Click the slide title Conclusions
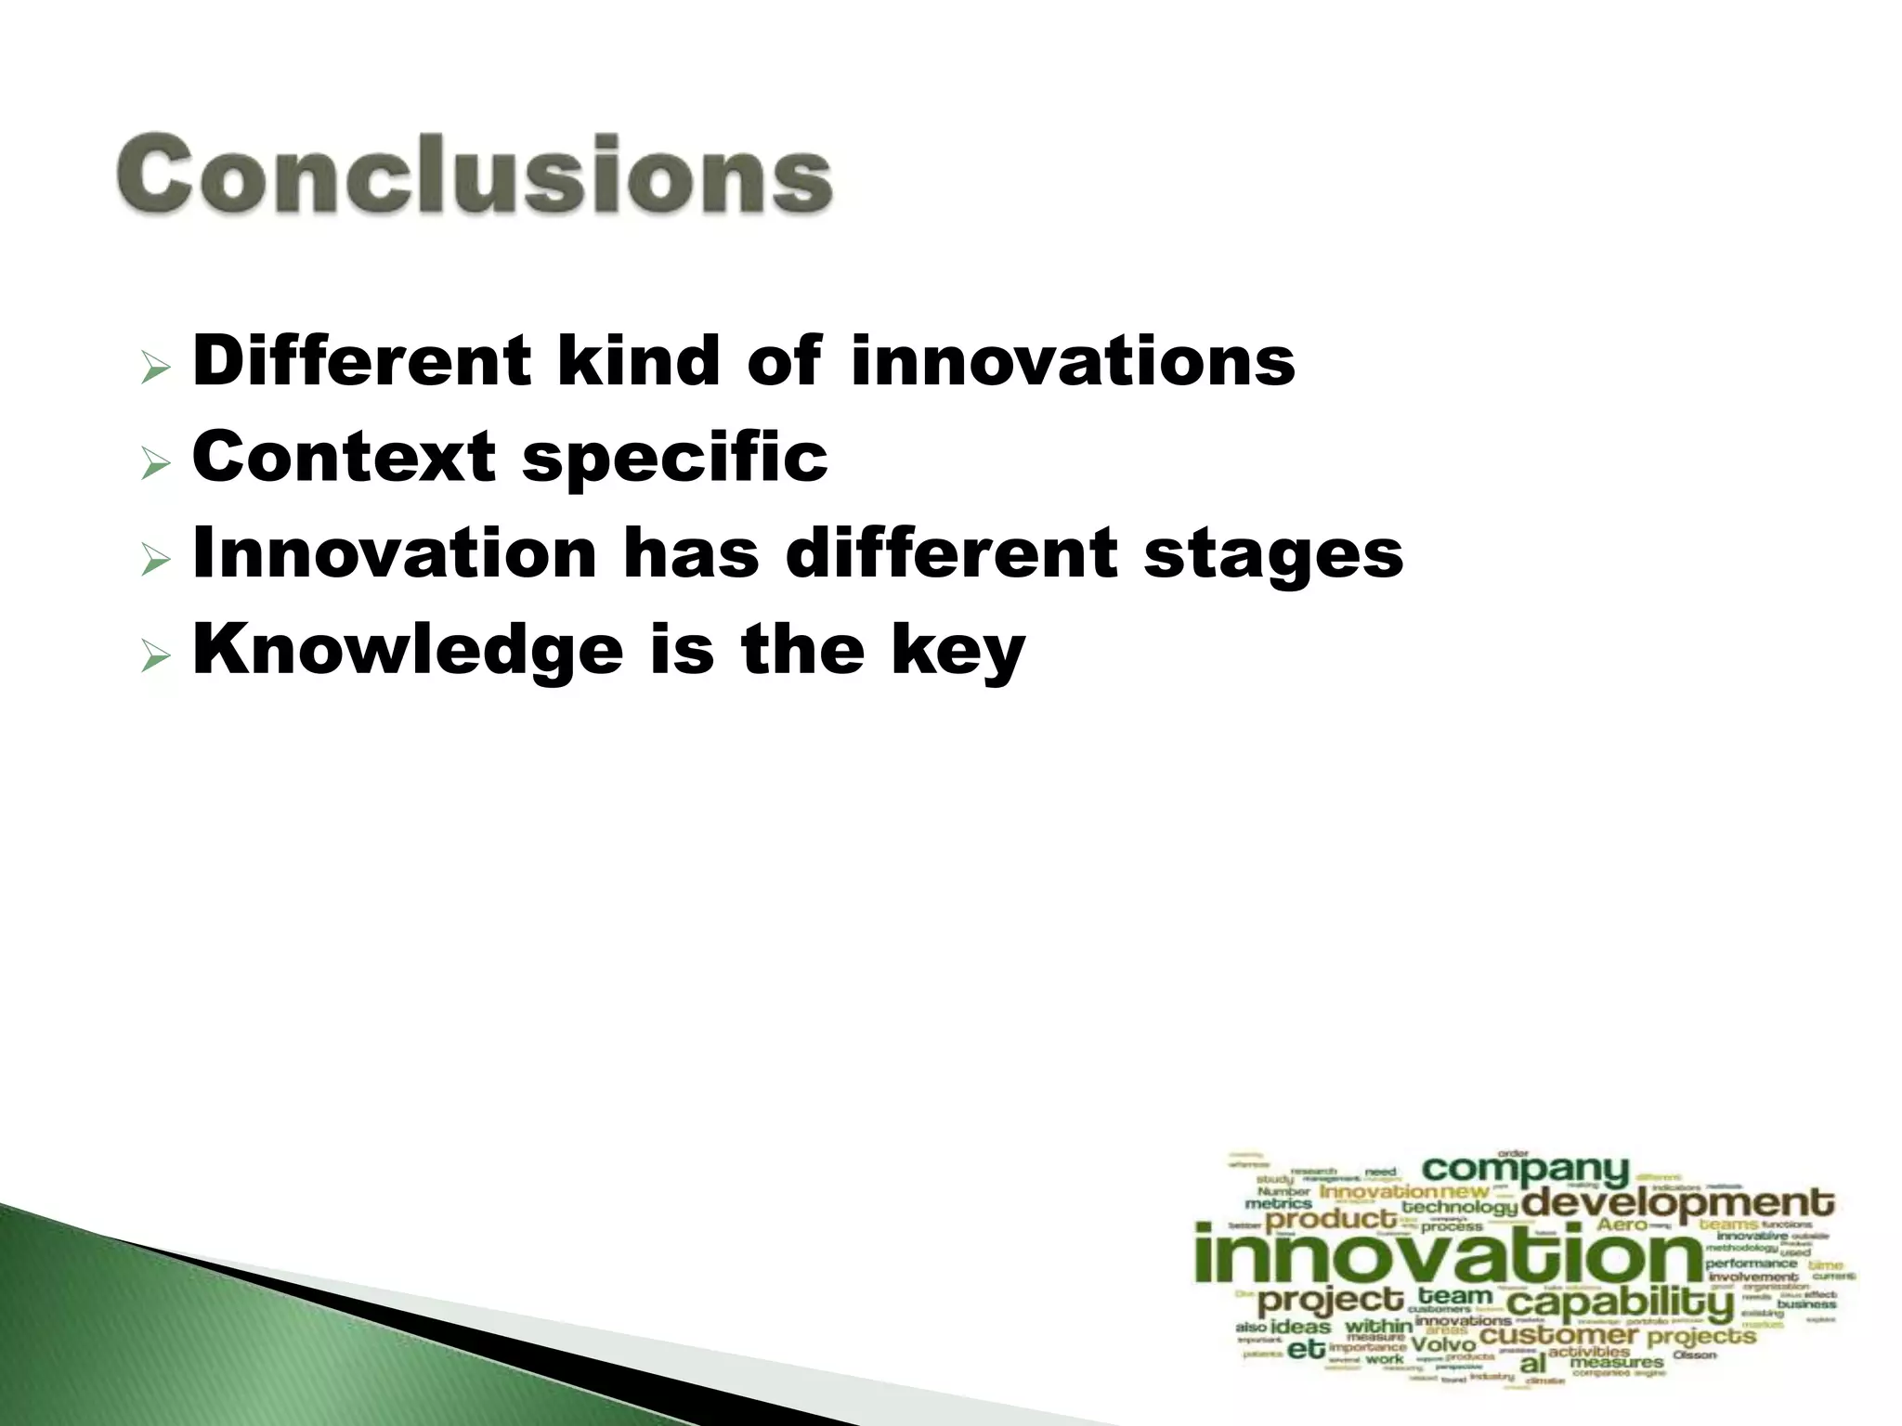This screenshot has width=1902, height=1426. [x=475, y=175]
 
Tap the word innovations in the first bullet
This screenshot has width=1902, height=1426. [x=1073, y=362]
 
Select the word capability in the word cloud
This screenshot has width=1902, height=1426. [x=1620, y=1303]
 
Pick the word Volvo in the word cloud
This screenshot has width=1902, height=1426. [x=1443, y=1344]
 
